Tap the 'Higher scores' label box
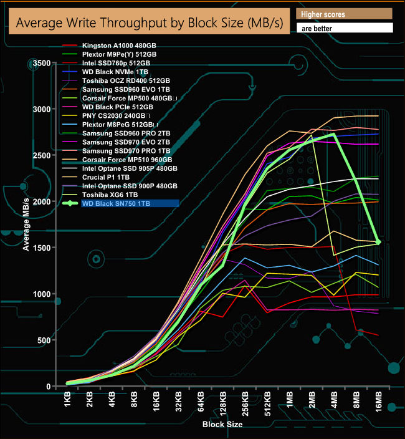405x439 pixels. [344, 14]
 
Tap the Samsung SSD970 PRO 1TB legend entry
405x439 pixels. [125, 151]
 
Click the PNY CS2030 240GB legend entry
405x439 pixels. [116, 116]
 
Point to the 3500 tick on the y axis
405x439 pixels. [42, 64]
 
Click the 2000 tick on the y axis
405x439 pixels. [42, 202]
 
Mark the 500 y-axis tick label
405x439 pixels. [44, 340]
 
